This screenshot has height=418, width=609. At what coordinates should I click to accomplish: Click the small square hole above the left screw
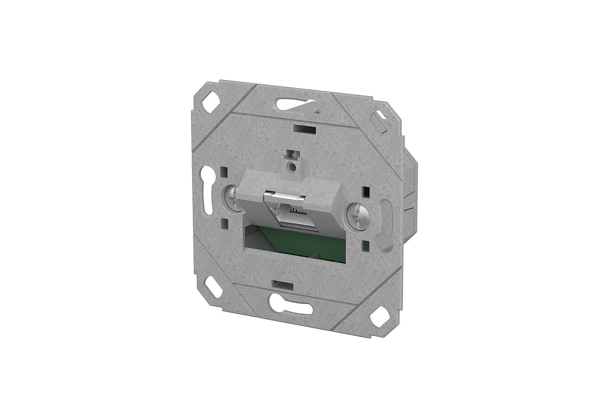coord(224,171)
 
